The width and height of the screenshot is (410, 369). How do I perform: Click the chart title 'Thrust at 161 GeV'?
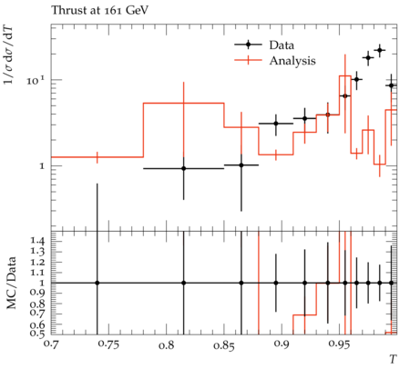(100, 11)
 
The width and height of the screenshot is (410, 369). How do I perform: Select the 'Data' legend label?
(282, 45)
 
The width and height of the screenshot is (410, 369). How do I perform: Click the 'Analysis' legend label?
(292, 61)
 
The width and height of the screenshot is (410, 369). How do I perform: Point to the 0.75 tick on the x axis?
(109, 344)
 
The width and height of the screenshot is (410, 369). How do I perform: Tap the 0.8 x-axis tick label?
(167, 344)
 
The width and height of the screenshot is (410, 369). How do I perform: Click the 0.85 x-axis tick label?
(224, 344)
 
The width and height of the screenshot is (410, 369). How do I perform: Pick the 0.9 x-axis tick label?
(282, 344)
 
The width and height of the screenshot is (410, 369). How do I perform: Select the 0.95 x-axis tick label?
(340, 344)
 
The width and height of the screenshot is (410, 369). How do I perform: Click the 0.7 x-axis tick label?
(52, 344)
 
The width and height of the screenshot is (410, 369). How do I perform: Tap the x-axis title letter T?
(393, 359)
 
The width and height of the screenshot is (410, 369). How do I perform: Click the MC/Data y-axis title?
(12, 283)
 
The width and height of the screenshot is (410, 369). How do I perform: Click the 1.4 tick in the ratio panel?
(37, 241)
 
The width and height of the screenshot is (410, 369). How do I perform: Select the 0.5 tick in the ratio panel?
(37, 333)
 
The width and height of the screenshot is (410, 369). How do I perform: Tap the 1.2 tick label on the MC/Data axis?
(37, 262)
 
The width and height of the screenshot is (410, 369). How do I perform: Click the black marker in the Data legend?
(248, 45)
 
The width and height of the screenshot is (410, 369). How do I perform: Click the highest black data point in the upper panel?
(380, 50)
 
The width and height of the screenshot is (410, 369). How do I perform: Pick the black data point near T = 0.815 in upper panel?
(183, 168)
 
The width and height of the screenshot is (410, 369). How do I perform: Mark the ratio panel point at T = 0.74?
(97, 283)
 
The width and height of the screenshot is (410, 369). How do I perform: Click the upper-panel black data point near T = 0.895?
(276, 124)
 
